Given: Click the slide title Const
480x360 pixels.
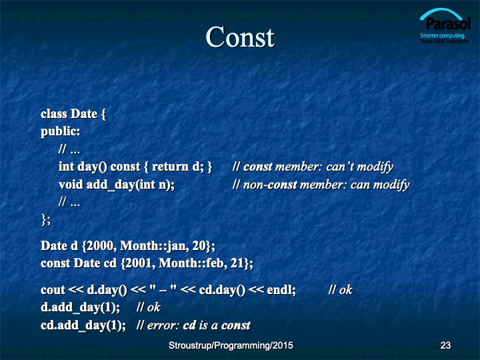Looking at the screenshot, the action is [x=240, y=37].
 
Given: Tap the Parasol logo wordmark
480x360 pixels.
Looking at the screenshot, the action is [x=448, y=23].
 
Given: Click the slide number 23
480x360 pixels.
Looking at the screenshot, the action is [x=445, y=345].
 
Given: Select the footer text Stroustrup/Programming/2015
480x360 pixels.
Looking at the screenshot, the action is [x=231, y=345].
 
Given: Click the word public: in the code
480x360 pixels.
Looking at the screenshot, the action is [x=60, y=131].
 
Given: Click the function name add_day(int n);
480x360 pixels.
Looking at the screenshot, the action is [x=131, y=185].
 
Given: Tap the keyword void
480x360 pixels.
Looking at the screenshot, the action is [x=71, y=185].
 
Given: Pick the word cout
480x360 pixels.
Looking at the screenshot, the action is [x=53, y=290].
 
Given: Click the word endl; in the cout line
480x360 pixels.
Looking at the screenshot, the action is [x=281, y=289].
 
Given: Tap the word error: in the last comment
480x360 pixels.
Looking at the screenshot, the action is [x=163, y=325].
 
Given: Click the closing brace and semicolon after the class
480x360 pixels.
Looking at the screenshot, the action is [x=46, y=220].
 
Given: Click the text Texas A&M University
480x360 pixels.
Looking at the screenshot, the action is [x=445, y=41].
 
